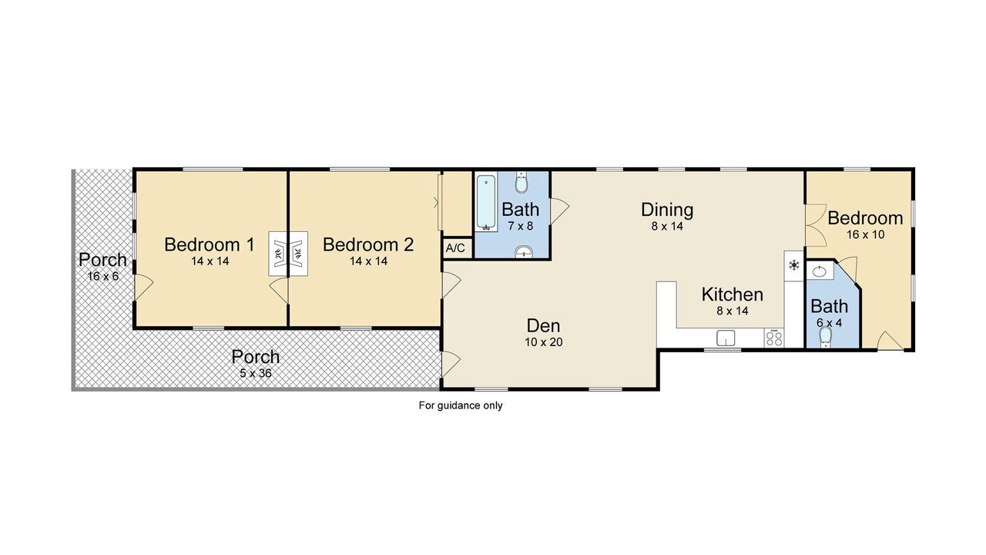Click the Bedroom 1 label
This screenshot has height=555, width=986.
(x=210, y=244)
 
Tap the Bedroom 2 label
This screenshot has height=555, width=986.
(x=368, y=244)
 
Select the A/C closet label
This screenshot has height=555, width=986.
(x=455, y=248)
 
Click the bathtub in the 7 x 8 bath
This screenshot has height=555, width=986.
(x=486, y=202)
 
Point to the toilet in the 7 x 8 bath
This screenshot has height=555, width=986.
(x=522, y=183)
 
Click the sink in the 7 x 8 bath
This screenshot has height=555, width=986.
(x=524, y=251)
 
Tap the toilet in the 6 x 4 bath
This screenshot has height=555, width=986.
(x=825, y=338)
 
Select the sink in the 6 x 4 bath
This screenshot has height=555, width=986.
(x=819, y=271)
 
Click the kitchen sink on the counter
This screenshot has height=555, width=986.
(x=726, y=338)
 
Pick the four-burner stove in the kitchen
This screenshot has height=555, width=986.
(x=774, y=338)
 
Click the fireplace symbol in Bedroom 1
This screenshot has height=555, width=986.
(x=279, y=254)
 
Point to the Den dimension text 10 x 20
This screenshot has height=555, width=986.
(x=544, y=342)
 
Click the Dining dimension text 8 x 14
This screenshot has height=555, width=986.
(x=667, y=227)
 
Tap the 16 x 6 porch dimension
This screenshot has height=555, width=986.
(x=103, y=277)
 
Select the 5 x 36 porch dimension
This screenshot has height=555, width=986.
(x=256, y=374)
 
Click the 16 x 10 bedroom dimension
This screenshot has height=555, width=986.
(x=865, y=235)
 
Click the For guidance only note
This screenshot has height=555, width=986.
(x=461, y=405)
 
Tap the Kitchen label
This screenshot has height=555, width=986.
(x=733, y=294)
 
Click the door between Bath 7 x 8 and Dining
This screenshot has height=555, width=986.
(x=559, y=211)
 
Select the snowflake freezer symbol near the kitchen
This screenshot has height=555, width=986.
(x=794, y=265)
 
